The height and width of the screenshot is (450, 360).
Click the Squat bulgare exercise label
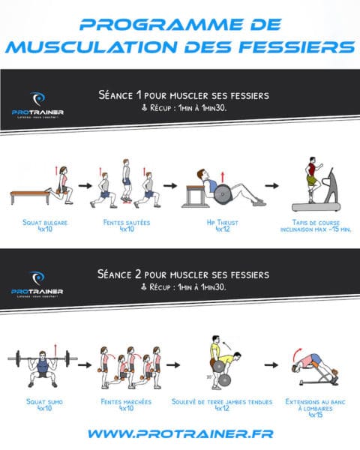[x=43, y=226]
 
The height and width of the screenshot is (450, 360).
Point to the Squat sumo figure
[x=42, y=366]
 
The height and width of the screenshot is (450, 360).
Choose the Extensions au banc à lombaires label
[x=313, y=409]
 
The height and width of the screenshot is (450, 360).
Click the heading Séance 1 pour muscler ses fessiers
[x=184, y=95]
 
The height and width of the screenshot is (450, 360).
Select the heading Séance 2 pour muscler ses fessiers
[x=184, y=274]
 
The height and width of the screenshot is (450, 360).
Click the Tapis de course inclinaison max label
[x=317, y=226]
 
